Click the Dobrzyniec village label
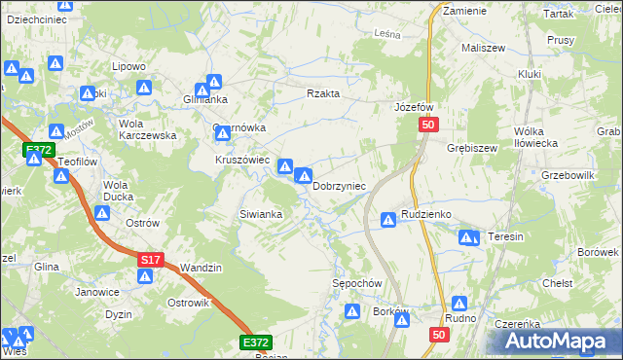339,186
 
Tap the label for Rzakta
323,93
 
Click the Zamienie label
464,9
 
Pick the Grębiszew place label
472,148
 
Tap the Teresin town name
506,236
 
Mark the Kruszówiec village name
242,160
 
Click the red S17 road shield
149,260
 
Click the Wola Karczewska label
147,129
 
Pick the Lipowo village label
128,66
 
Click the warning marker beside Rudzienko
388,221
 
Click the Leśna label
388,33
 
